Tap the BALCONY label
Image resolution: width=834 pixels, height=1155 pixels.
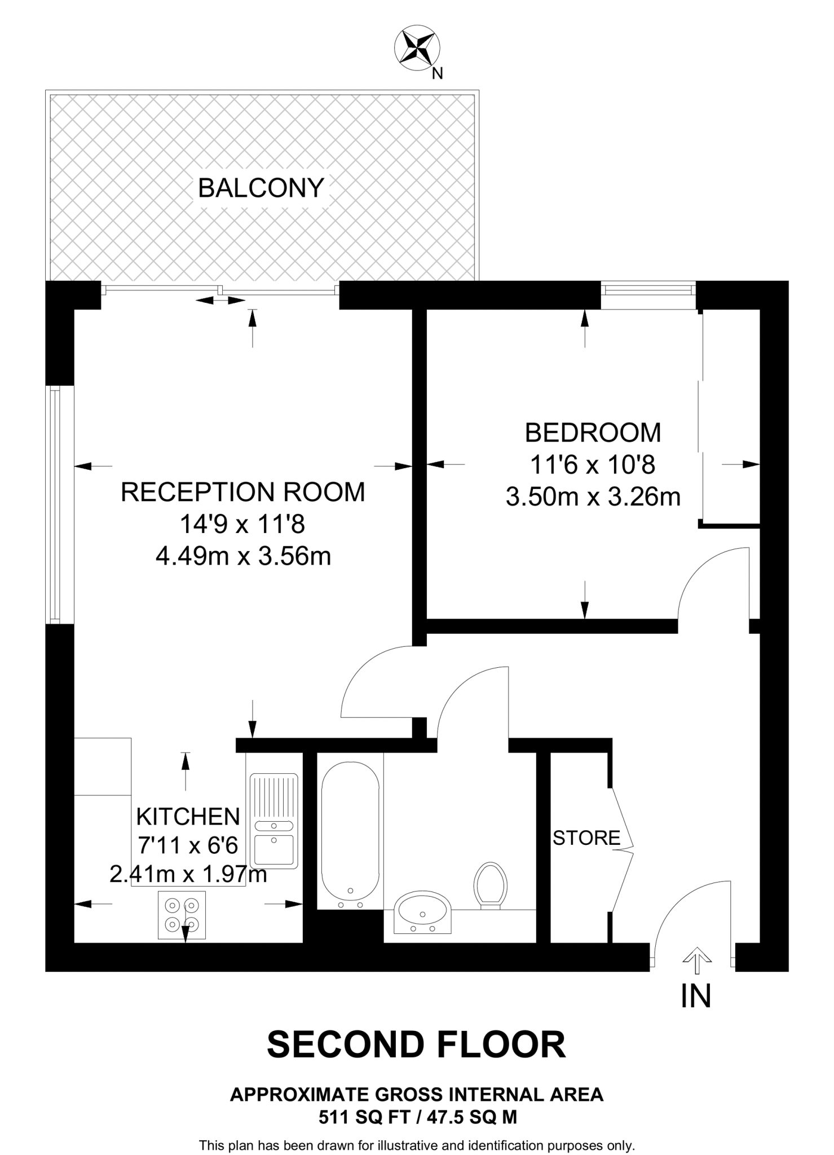[x=261, y=188]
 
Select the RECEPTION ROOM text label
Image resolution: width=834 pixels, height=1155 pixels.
[x=243, y=492]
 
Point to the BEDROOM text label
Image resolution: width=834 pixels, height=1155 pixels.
[x=593, y=433]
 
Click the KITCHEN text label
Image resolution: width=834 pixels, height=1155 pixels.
[x=188, y=816]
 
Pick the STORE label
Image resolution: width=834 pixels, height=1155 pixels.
[x=586, y=838]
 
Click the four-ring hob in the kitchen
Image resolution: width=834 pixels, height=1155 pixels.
[x=182, y=915]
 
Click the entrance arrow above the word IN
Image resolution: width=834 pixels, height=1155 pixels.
[x=697, y=959]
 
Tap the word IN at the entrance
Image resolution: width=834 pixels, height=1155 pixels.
[x=696, y=997]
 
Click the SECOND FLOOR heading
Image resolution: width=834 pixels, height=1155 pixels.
[x=416, y=1044]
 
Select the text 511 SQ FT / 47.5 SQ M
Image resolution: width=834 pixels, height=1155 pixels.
[x=417, y=1117]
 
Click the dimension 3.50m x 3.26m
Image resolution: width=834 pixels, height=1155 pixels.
[x=593, y=497]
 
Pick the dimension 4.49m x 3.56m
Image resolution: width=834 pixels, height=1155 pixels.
[x=243, y=557]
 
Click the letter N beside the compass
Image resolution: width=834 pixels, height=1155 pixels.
[x=437, y=73]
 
